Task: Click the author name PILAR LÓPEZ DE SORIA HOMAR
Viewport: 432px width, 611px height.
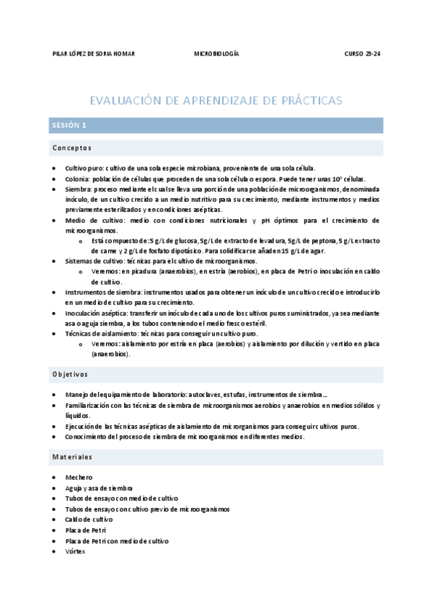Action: pyautogui.click(x=94, y=55)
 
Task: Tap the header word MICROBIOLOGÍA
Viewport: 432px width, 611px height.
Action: pyautogui.click(x=216, y=55)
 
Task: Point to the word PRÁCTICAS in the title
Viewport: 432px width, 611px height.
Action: pyautogui.click(x=305, y=100)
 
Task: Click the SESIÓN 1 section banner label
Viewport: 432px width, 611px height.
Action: pyautogui.click(x=69, y=125)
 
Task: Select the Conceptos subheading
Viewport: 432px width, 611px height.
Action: pyautogui.click(x=71, y=148)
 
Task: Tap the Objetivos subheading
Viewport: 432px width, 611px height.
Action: pyautogui.click(x=70, y=374)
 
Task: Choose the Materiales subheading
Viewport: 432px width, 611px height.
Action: pyautogui.click(x=72, y=457)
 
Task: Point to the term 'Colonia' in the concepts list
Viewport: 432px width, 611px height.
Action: pyautogui.click(x=77, y=178)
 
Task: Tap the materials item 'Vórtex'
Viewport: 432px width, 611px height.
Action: pyautogui.click(x=75, y=551)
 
